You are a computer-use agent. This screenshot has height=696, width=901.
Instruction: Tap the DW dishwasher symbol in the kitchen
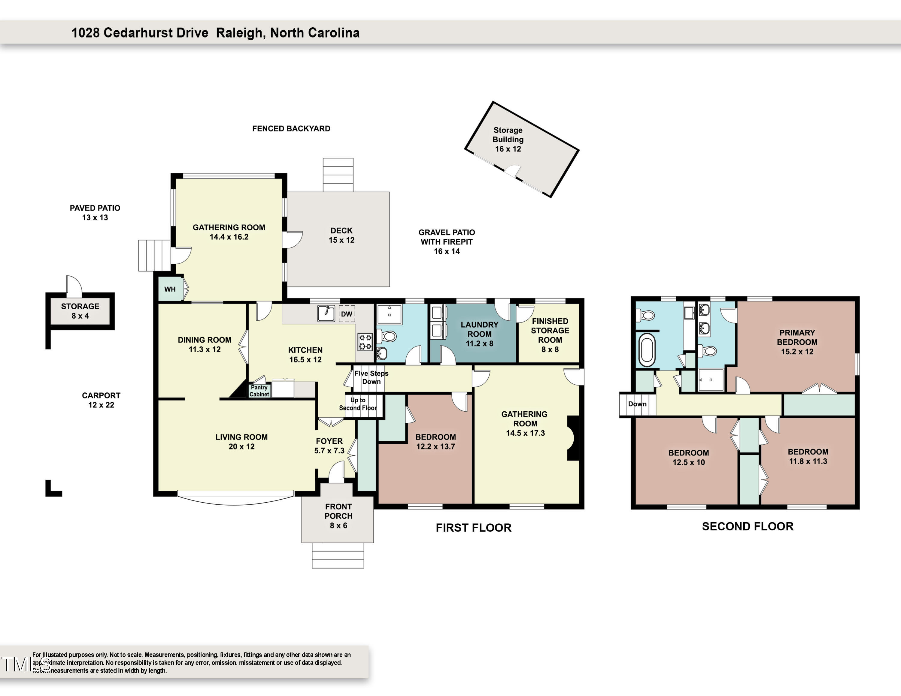[347, 314]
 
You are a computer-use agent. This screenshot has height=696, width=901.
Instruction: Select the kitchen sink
[326, 313]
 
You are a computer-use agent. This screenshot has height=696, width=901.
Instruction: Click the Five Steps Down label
[371, 377]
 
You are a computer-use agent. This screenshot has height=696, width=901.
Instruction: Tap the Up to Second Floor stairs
[358, 404]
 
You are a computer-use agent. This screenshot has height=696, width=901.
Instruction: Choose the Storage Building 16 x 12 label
[508, 139]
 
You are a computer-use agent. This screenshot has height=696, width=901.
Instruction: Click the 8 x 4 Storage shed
[80, 311]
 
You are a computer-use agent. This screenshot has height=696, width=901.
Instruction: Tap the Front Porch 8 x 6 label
[338, 516]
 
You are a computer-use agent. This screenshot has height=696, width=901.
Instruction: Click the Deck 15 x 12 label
[341, 235]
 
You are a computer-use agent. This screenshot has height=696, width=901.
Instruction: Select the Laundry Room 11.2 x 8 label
[479, 334]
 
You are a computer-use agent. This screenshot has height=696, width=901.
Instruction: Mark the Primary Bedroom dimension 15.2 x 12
[797, 352]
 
